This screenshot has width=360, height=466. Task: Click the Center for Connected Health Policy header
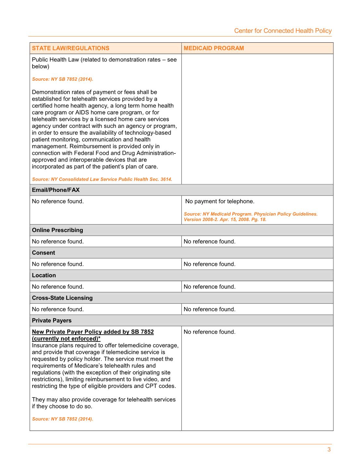tap(283, 31)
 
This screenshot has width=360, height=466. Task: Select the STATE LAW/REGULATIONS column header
tap(71, 48)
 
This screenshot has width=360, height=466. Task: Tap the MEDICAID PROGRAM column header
tap(214, 48)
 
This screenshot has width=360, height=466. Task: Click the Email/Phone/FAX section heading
tap(56, 190)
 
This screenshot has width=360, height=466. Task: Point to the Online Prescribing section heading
tap(57, 230)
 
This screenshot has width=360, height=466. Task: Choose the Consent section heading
tap(43, 253)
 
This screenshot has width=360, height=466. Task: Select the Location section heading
tap(44, 275)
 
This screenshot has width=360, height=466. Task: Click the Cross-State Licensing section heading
tap(62, 298)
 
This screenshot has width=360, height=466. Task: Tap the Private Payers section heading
tap(51, 321)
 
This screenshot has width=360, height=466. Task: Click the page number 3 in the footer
tap(329, 450)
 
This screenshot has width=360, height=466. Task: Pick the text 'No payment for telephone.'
tap(220, 201)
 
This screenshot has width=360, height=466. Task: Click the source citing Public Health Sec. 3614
tap(102, 179)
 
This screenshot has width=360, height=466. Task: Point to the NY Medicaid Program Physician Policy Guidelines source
tap(251, 217)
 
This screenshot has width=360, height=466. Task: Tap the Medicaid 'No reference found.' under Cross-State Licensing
tap(209, 309)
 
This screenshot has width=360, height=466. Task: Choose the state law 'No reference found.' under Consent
tap(58, 264)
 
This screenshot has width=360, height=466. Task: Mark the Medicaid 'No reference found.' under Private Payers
tap(209, 332)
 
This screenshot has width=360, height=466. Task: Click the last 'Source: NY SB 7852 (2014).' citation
tap(63, 419)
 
